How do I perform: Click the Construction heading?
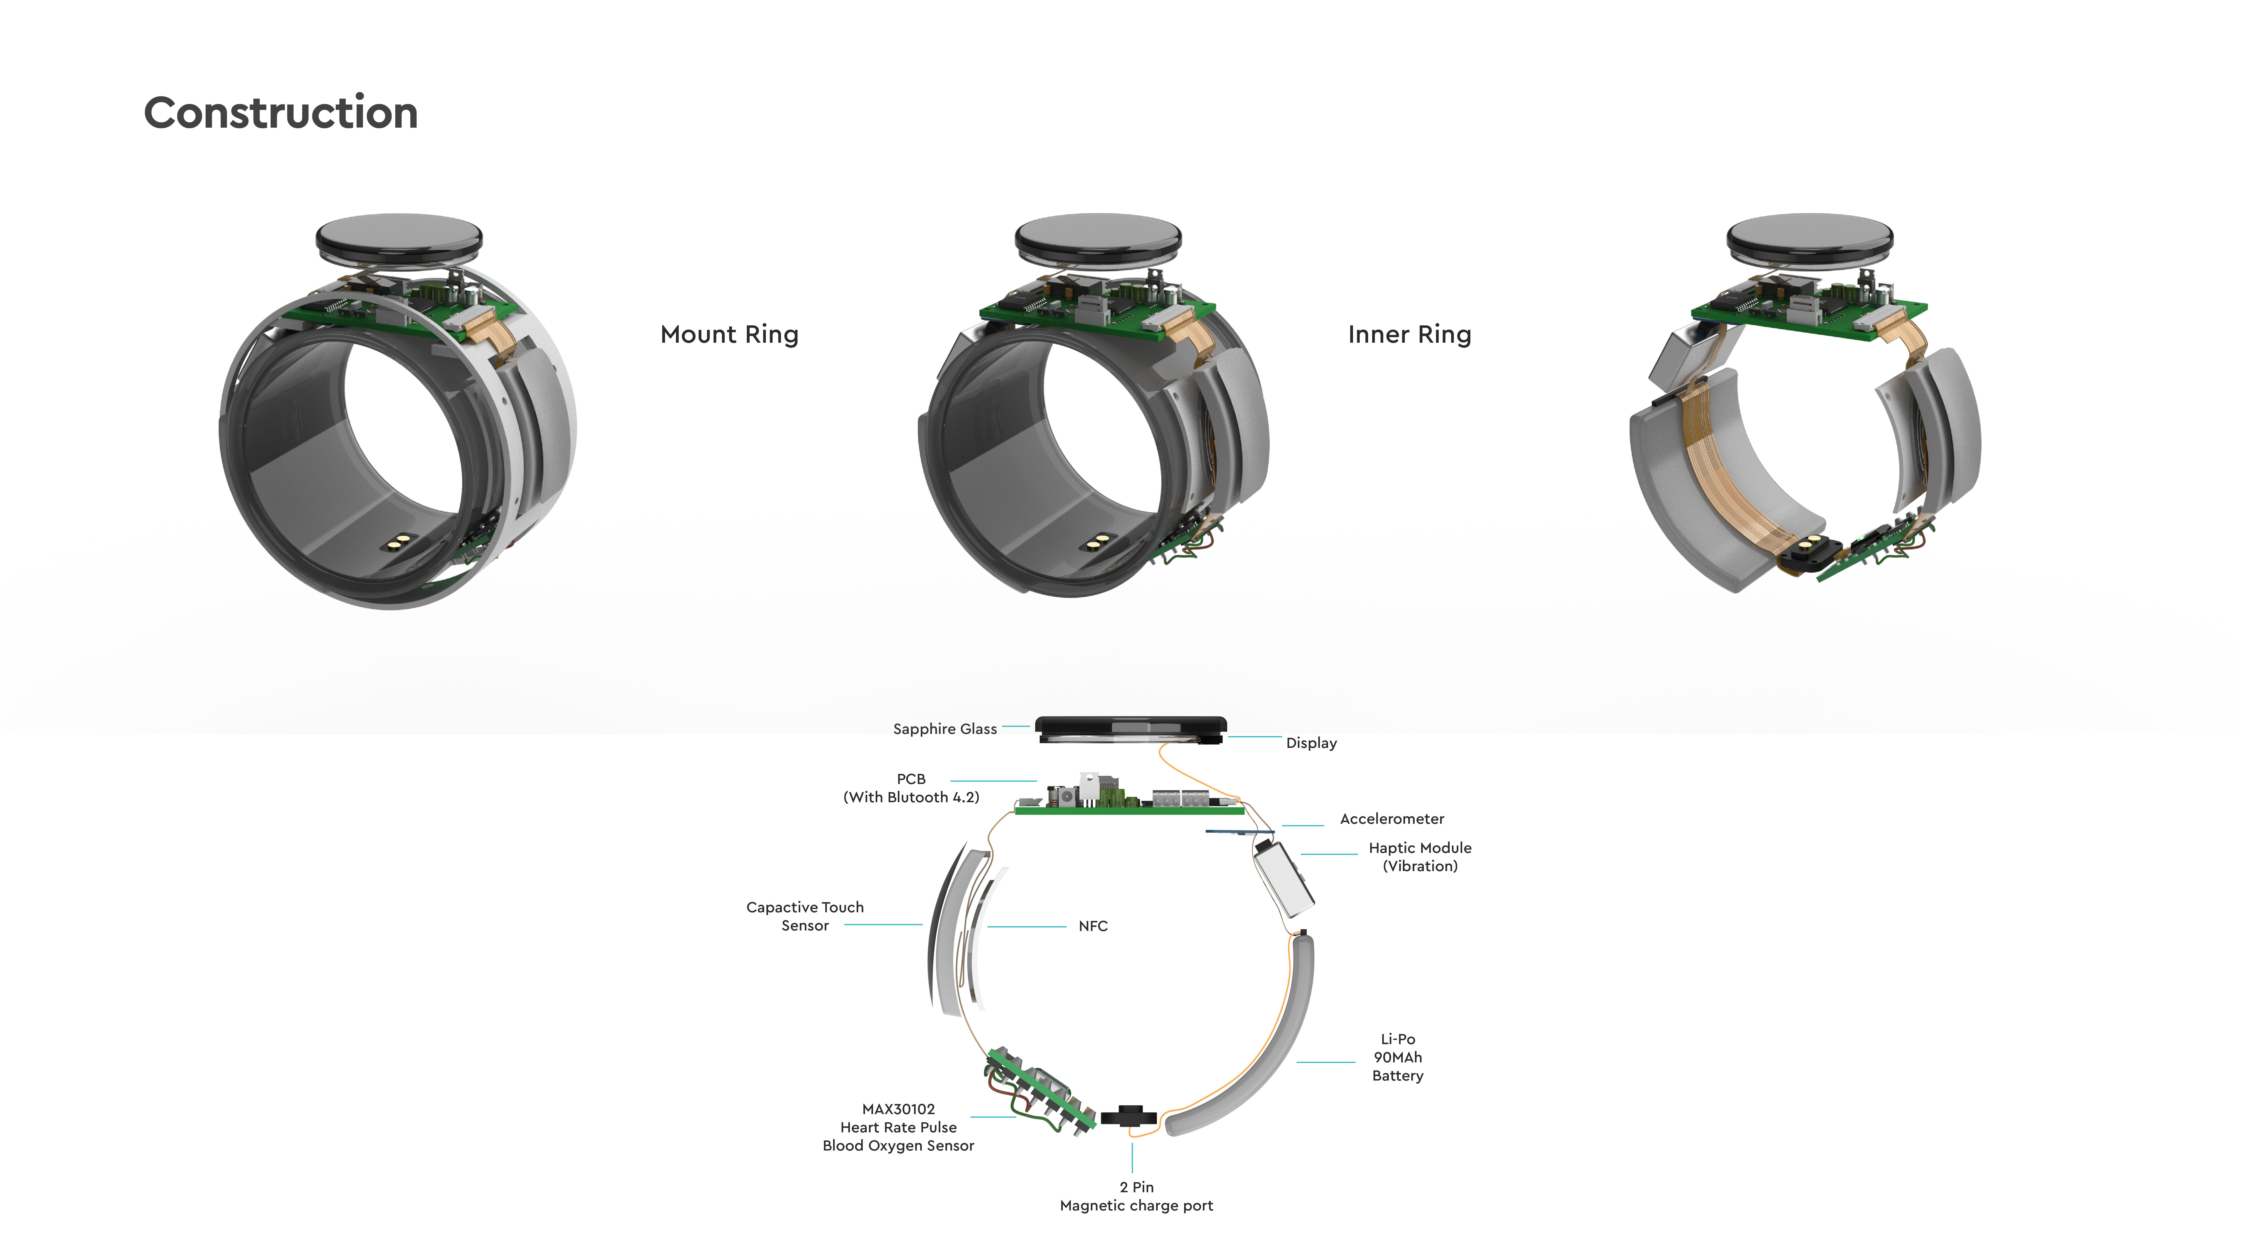[x=280, y=113]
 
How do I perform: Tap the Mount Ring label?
[x=729, y=335]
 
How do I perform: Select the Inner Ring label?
[x=1409, y=335]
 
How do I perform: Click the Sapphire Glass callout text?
[x=945, y=729]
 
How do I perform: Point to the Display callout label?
[x=1311, y=743]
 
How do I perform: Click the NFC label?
[x=1093, y=926]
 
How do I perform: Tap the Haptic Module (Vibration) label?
[x=1420, y=857]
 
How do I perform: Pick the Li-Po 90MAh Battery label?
[x=1397, y=1057]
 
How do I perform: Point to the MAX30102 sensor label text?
[x=898, y=1127]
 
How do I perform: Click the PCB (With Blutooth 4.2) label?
[x=911, y=788]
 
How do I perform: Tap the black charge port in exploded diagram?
[x=1129, y=1117]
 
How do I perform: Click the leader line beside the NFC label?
[x=1027, y=927]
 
